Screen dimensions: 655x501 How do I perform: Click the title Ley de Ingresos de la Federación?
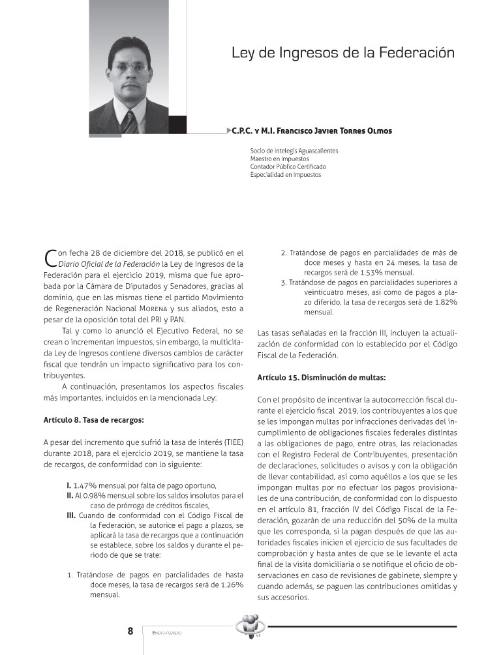(x=342, y=53)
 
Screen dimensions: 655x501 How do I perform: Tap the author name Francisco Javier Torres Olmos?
(x=312, y=131)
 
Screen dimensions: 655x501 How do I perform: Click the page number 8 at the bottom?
(x=130, y=631)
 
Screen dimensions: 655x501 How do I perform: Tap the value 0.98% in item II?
(x=88, y=496)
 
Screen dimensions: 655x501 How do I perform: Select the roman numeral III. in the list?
(x=71, y=515)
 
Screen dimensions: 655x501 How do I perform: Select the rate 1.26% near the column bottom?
(x=230, y=585)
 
